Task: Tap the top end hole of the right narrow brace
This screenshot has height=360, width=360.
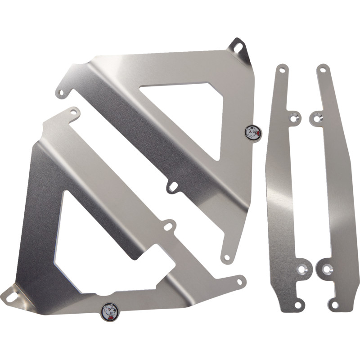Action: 323,70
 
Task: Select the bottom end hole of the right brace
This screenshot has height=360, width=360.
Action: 334,305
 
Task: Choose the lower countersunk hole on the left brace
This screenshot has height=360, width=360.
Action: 302,269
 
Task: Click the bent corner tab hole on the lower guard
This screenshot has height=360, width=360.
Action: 11,296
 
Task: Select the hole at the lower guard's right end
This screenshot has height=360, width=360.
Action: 239,281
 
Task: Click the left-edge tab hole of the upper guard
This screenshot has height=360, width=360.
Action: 61,93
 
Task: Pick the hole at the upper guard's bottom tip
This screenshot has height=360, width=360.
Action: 227,257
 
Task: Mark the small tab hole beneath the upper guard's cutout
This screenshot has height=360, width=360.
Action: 172,187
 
